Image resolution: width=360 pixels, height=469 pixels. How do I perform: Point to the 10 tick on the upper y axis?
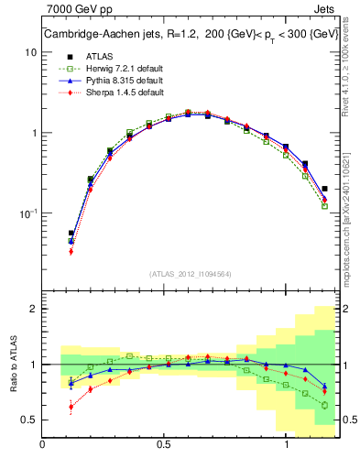[31, 52]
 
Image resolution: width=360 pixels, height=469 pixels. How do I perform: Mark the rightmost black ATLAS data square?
[325, 189]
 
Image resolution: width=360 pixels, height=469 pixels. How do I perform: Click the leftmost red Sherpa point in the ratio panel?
[71, 407]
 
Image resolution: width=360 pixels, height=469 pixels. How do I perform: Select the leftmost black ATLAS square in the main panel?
[71, 234]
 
